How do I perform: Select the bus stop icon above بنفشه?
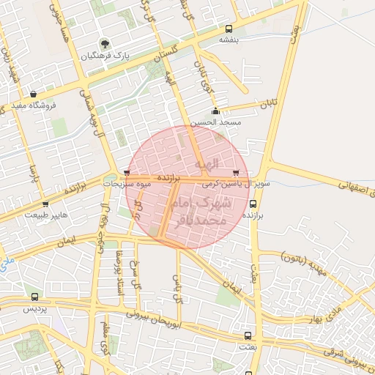tap(229, 29)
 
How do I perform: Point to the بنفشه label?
tap(229, 40)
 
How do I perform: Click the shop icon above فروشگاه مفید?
tap(34, 93)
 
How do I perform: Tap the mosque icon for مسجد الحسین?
tap(215, 111)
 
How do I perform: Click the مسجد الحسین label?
tap(215, 122)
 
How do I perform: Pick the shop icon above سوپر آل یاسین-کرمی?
tap(245, 174)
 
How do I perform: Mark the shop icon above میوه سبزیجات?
tap(127, 174)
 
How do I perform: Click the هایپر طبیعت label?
tap(46, 215)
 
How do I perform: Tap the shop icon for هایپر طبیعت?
tap(46, 204)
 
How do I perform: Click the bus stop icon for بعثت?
tap(247, 335)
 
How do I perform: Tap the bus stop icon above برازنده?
tap(253, 205)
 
